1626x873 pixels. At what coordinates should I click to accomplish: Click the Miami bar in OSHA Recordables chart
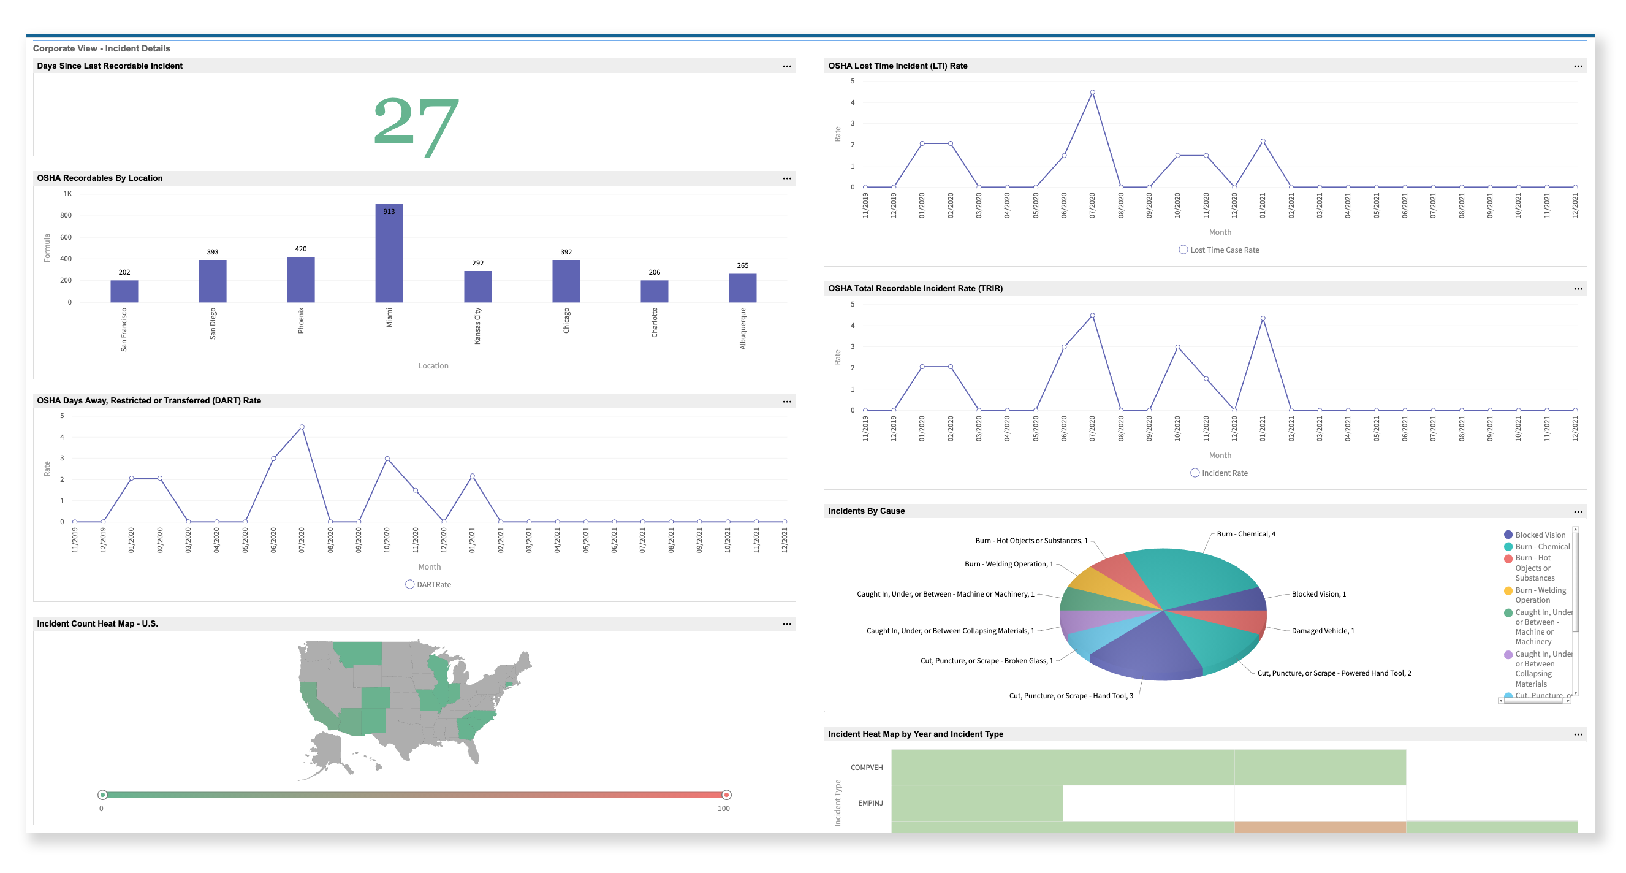(389, 253)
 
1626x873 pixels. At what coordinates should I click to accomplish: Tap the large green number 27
(416, 124)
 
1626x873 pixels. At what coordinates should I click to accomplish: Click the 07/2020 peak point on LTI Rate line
(1092, 92)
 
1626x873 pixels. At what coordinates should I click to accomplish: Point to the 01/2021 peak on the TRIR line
(1263, 318)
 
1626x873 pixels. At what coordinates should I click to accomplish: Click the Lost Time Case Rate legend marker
(1183, 250)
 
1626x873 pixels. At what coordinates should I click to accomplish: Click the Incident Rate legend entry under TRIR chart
(1219, 473)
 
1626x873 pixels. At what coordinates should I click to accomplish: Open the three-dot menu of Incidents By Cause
(1578, 512)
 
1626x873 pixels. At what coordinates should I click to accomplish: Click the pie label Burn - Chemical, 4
(1245, 534)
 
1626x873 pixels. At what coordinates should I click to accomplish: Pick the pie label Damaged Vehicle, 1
(1323, 631)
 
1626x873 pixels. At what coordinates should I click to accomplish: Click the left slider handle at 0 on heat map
(102, 795)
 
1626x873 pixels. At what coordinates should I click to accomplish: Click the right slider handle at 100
(726, 795)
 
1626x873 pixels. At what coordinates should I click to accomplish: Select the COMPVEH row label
(866, 768)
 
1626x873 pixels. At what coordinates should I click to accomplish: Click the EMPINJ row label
(870, 803)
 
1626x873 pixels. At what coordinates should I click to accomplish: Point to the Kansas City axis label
(477, 326)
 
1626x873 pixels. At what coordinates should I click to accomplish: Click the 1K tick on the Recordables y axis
(67, 194)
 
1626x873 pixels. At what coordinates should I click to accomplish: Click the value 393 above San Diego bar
(212, 252)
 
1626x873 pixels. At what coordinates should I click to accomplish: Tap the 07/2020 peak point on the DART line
(302, 427)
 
